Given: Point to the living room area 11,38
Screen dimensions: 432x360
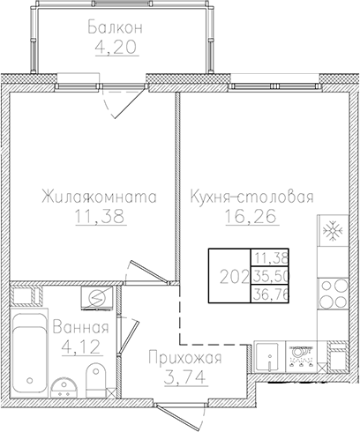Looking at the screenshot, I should [99, 218].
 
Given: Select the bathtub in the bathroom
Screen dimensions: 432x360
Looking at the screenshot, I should [26, 348].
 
